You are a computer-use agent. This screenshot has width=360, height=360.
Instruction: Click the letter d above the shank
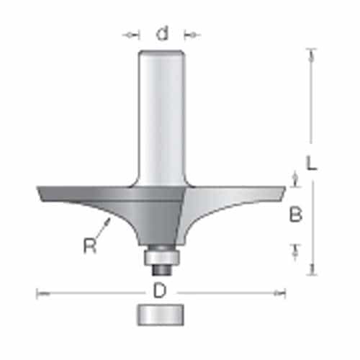point(163,34)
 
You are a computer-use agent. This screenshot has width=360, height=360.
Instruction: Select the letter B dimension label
point(295,214)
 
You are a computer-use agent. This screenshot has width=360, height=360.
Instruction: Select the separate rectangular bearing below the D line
point(162,314)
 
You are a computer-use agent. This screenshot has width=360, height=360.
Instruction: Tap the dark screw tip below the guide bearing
point(162,268)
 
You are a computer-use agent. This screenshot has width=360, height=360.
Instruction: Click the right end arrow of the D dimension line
point(282,292)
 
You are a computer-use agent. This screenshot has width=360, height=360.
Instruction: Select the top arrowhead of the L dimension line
point(311,52)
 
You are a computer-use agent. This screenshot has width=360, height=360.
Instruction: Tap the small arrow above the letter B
point(294,177)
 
